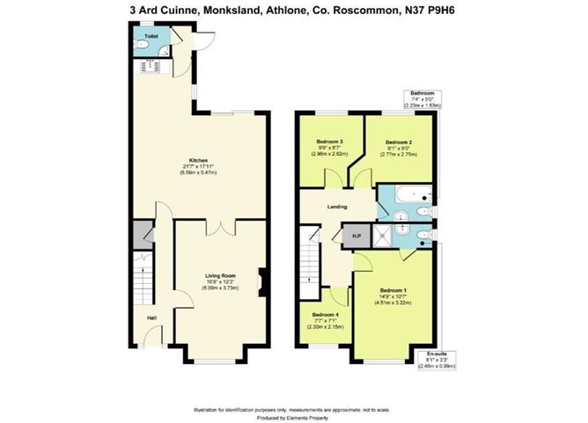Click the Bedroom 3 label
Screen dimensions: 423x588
coord(328,142)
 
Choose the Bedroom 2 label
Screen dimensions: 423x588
coord(398,142)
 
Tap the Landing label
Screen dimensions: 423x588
coord(336,207)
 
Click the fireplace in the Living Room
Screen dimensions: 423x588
coord(261,282)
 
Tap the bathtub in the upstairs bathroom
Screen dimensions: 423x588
coord(409,194)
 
